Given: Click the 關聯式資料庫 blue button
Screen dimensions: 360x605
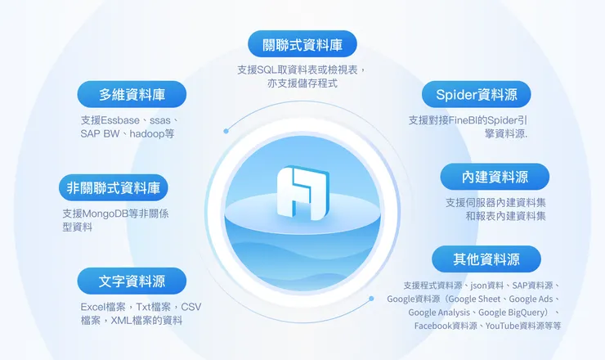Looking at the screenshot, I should (302, 43).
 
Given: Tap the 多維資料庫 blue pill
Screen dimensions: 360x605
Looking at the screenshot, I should (132, 94).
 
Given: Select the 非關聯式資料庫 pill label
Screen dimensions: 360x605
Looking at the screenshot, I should (114, 188).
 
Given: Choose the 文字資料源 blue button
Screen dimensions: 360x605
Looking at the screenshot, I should (132, 281).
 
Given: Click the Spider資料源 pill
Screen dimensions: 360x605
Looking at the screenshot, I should (476, 94).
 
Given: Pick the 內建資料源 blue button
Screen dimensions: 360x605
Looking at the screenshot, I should (495, 176).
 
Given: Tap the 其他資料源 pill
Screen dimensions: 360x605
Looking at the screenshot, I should (486, 259).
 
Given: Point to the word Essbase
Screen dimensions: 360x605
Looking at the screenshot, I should (121, 119).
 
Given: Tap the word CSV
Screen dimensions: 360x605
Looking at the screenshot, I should (190, 307).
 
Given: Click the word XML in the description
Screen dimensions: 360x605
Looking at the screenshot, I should (123, 321).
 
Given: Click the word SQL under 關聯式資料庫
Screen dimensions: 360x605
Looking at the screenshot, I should (269, 70).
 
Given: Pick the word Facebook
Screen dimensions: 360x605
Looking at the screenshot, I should (434, 326).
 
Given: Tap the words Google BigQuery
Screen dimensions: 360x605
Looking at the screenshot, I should (514, 313).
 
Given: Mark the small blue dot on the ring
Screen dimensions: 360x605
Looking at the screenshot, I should (226, 131).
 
